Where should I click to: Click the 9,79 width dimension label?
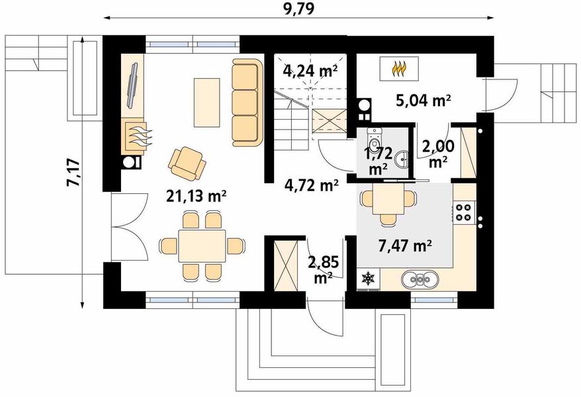[298, 8]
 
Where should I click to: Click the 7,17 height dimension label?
[73, 173]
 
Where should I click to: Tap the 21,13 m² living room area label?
[196, 196]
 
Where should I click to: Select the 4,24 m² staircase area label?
[310, 69]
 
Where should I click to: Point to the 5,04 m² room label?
[423, 100]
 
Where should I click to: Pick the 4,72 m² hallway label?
[312, 184]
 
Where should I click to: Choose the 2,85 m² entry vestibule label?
[323, 269]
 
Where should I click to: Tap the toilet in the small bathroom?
[373, 138]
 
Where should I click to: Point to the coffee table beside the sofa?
[206, 102]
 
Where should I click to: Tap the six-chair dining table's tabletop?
[202, 246]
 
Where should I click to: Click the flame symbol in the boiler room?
[399, 69]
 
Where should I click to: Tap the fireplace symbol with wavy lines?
[136, 136]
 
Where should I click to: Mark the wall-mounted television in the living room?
[132, 86]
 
